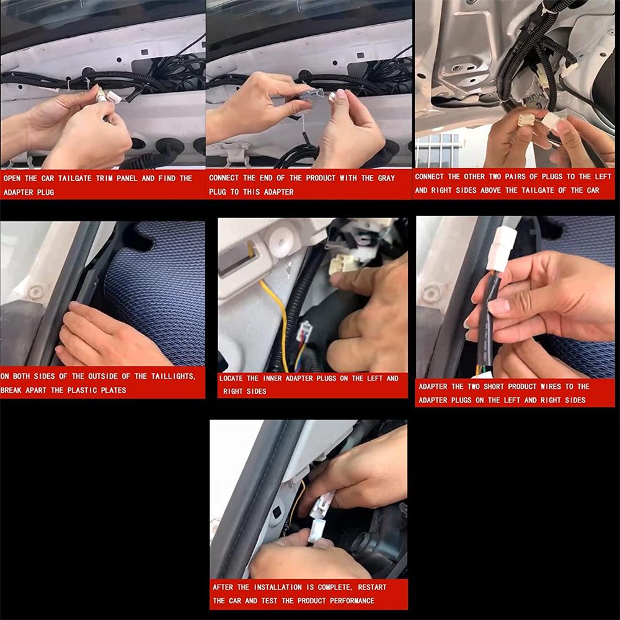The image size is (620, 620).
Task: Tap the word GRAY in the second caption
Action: [386, 178]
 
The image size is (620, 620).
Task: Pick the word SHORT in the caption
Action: [494, 386]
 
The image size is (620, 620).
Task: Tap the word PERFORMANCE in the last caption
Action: [352, 601]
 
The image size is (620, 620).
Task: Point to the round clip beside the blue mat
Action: [37, 291]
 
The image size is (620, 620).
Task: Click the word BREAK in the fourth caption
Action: [12, 390]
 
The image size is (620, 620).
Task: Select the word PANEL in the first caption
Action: [126, 179]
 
